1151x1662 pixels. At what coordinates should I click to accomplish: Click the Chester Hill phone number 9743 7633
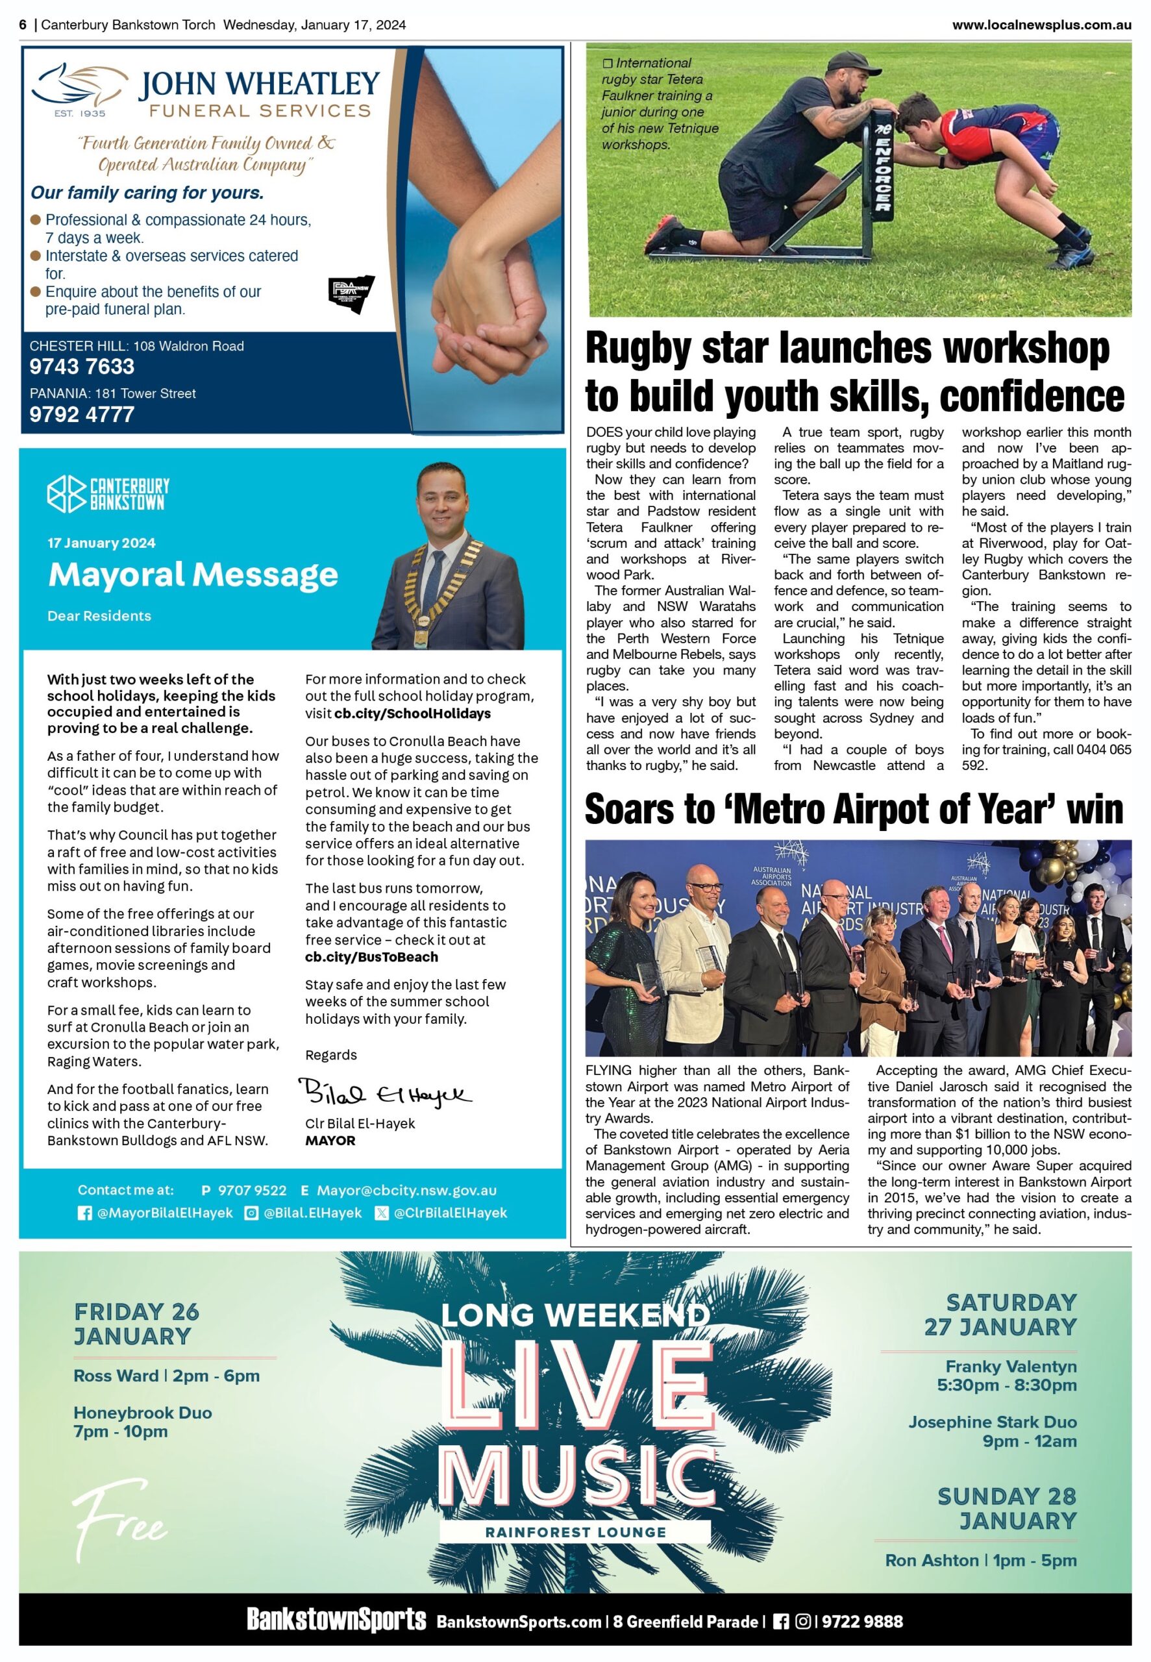coord(82,367)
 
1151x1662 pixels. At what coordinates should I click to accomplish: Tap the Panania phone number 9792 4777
coord(82,415)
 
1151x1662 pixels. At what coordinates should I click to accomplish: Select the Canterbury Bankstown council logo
coord(108,495)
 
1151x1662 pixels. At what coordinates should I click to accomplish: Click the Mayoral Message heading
coord(193,575)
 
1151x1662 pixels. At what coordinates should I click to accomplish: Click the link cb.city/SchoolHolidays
coord(412,714)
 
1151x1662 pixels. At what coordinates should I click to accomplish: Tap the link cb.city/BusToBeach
coord(371,957)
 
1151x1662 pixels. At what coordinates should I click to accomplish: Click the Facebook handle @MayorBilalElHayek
coord(164,1213)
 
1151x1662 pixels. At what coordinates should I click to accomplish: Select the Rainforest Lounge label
coord(575,1532)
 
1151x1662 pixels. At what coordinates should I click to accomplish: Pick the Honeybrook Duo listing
coord(142,1422)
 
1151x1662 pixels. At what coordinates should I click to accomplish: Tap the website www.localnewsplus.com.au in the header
coord(1041,25)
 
